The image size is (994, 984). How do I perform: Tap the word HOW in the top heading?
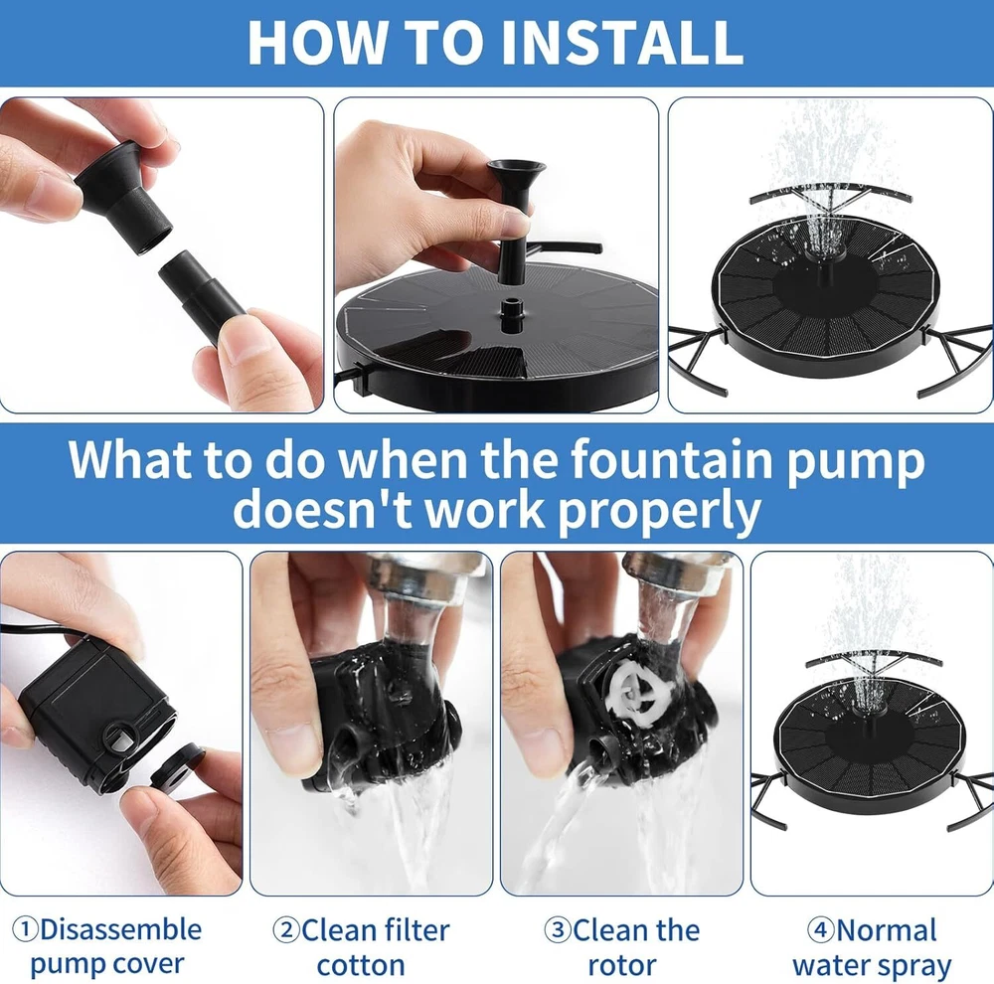(x=316, y=43)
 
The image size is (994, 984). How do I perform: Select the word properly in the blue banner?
(x=659, y=511)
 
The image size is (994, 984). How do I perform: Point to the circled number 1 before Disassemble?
(x=27, y=930)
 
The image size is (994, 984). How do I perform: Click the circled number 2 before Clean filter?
(x=286, y=930)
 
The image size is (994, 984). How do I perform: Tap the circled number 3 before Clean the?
(x=558, y=930)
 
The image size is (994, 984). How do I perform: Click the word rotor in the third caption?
(x=622, y=966)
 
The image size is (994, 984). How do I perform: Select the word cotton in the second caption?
(x=361, y=965)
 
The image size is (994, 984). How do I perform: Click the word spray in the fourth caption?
(x=911, y=967)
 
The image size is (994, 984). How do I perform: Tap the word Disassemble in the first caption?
(x=121, y=929)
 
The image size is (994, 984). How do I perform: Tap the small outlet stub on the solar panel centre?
(x=509, y=315)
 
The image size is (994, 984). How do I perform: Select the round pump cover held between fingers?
(x=178, y=767)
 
